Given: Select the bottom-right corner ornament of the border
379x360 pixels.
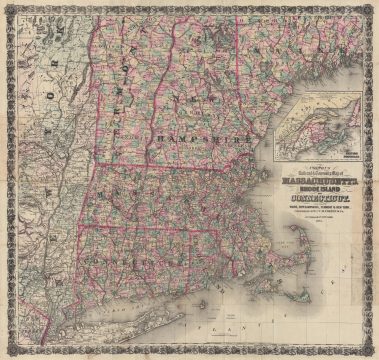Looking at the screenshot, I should pos(372,353).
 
